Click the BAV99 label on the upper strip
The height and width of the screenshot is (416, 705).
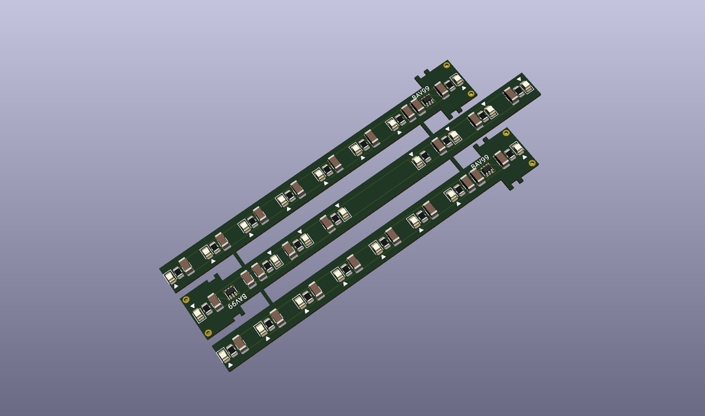tap(421, 94)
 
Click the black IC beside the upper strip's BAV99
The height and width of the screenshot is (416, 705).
tap(428, 101)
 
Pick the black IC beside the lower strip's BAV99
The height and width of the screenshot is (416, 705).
tap(486, 169)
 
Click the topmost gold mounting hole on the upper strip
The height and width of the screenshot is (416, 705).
tap(447, 66)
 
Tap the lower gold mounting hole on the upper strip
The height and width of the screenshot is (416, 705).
tap(471, 94)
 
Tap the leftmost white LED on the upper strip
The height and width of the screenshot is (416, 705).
tap(169, 278)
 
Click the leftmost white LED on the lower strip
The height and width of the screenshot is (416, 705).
tap(224, 356)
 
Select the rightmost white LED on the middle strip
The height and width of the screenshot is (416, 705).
tap(526, 86)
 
